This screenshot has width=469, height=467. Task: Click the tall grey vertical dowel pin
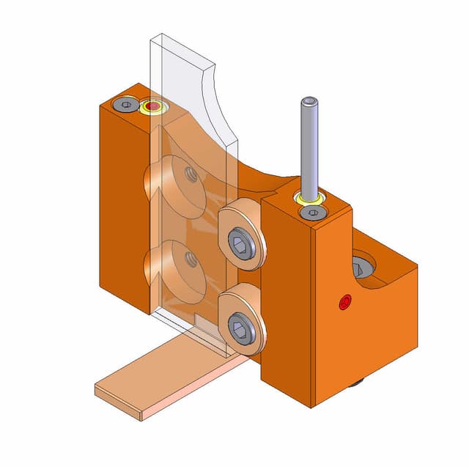(309, 147)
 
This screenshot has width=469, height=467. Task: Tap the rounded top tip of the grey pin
(309, 100)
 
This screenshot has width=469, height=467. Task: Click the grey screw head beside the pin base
(314, 213)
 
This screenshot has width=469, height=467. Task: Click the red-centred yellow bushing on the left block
(153, 109)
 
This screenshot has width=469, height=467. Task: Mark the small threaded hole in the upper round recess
(191, 174)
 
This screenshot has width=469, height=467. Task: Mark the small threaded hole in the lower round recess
(191, 258)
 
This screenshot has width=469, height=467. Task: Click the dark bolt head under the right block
(357, 383)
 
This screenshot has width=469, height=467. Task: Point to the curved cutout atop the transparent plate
(220, 103)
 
